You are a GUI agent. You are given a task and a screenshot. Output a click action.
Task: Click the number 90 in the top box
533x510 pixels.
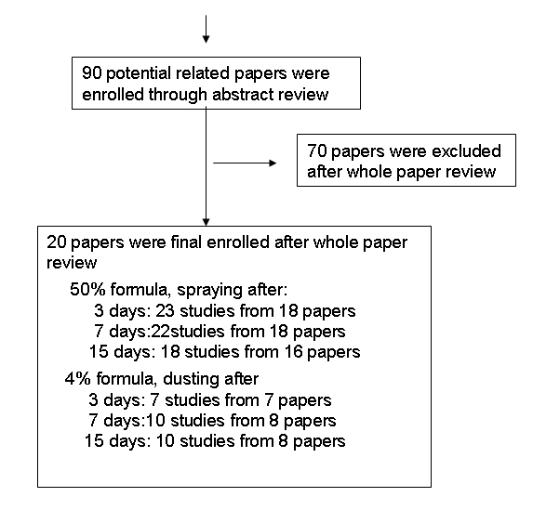click(92, 73)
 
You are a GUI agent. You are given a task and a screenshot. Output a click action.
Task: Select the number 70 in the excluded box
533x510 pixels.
click(317, 150)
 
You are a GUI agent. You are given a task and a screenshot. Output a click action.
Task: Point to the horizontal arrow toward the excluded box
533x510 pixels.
click(245, 163)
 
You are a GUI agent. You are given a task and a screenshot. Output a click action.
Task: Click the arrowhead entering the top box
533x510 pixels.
click(206, 39)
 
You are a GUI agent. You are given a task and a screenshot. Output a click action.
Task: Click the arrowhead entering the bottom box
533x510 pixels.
click(206, 221)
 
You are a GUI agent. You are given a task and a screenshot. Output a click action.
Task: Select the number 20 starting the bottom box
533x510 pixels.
click(57, 242)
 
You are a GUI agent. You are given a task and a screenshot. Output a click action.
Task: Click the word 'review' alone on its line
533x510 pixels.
click(72, 263)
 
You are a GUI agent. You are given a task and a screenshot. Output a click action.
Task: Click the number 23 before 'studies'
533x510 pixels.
click(165, 310)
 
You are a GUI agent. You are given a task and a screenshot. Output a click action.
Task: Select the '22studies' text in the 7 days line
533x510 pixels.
click(188, 331)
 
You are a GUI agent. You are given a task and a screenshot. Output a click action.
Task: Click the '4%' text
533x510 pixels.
click(77, 378)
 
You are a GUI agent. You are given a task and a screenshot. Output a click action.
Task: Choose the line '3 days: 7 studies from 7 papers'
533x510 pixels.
click(210, 400)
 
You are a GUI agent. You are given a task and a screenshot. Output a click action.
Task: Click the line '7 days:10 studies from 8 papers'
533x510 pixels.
click(212, 421)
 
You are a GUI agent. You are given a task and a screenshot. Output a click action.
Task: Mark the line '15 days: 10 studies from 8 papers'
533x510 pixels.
click(215, 441)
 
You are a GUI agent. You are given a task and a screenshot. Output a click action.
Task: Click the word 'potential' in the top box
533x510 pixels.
click(139, 73)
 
